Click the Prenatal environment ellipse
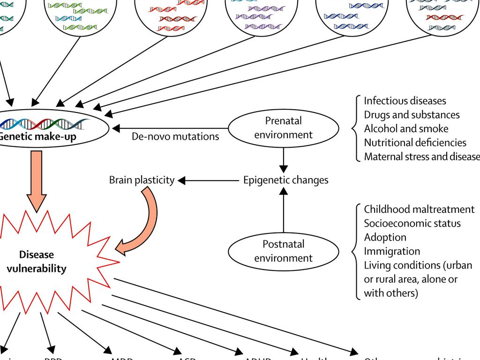283,127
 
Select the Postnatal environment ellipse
283,251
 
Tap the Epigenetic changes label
285,180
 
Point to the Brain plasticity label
142,180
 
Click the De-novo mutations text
175,136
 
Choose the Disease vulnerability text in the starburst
37,262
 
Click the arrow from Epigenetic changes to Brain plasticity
208,180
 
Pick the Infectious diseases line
405,101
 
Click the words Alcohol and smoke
406,128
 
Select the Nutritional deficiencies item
415,142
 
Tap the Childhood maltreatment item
419,209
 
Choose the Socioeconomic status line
412,223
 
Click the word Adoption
385,237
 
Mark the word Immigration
392,251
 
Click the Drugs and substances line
412,115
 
